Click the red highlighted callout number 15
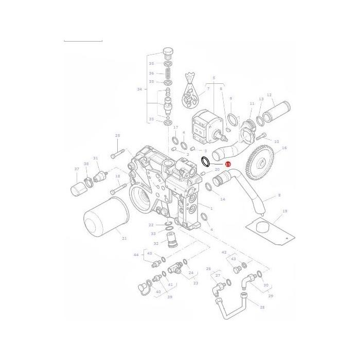[x=228, y=164]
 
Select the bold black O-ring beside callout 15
[x=205, y=162]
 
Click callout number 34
[x=139, y=89]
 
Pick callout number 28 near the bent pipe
[x=262, y=307]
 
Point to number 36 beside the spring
[x=151, y=74]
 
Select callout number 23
[x=195, y=283]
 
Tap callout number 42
[x=224, y=253]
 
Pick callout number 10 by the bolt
[x=276, y=141]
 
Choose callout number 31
[x=95, y=158]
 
